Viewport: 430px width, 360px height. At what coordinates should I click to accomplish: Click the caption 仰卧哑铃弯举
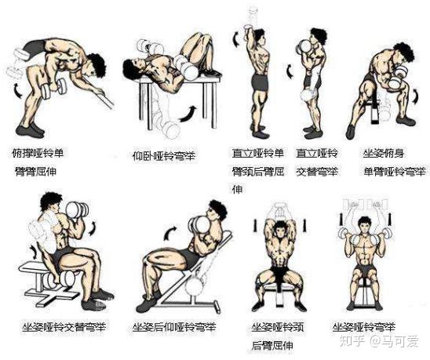pyautogui.click(x=164, y=156)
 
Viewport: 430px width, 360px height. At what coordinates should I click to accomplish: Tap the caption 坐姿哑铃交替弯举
pyautogui.click(x=64, y=327)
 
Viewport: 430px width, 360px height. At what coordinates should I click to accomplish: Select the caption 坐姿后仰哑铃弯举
pyautogui.click(x=174, y=327)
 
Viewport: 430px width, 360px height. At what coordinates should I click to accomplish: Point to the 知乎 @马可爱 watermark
pyautogui.click(x=379, y=341)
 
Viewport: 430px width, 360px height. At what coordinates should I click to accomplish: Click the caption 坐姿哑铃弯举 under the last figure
pyautogui.click(x=364, y=327)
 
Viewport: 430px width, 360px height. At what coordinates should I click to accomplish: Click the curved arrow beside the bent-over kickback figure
pyautogui.click(x=18, y=91)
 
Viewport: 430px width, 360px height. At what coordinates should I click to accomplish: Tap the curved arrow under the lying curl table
pyautogui.click(x=188, y=114)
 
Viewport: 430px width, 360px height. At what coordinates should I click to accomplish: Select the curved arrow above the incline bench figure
pyautogui.click(x=170, y=233)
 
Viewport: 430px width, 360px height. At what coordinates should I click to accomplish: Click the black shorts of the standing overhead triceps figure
pyautogui.click(x=260, y=82)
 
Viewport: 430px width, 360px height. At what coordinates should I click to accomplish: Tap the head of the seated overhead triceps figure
pyautogui.click(x=279, y=229)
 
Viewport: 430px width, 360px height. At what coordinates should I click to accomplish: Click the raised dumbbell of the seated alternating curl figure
pyautogui.click(x=78, y=209)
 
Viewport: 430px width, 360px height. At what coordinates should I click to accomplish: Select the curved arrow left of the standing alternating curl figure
pyautogui.click(x=290, y=71)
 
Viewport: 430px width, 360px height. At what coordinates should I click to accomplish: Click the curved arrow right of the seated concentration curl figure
pyautogui.click(x=416, y=96)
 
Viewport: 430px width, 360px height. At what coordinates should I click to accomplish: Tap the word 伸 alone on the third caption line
pyautogui.click(x=238, y=190)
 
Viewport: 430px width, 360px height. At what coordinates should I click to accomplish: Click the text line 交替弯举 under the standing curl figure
pyautogui.click(x=317, y=172)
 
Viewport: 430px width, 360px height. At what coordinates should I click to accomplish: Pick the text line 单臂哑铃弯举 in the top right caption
pyautogui.click(x=395, y=172)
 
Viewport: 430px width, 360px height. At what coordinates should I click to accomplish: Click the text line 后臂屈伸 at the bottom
pyautogui.click(x=272, y=345)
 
